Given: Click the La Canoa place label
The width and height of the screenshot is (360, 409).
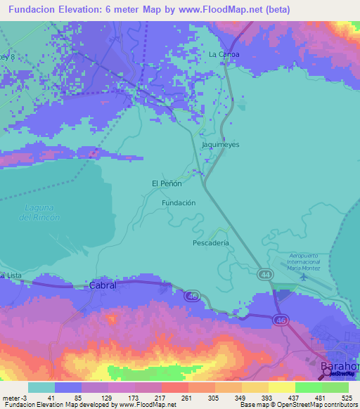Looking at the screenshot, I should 224,54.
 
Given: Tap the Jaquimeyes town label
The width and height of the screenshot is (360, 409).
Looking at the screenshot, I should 221,144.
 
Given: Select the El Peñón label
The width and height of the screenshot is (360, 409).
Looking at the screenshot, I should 167,183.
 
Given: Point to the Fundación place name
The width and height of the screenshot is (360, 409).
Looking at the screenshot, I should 178,202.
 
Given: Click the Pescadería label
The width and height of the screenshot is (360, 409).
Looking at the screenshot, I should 211,243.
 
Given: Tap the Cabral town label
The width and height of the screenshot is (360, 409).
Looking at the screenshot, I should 103,286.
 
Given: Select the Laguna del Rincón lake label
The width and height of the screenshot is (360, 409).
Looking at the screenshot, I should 40,212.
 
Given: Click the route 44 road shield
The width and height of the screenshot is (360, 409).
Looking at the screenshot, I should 264,273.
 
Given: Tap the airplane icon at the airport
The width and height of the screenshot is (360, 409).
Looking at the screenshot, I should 303,275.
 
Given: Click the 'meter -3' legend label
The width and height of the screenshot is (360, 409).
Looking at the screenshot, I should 15,398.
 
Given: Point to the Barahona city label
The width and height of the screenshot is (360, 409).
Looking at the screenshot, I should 340,367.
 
